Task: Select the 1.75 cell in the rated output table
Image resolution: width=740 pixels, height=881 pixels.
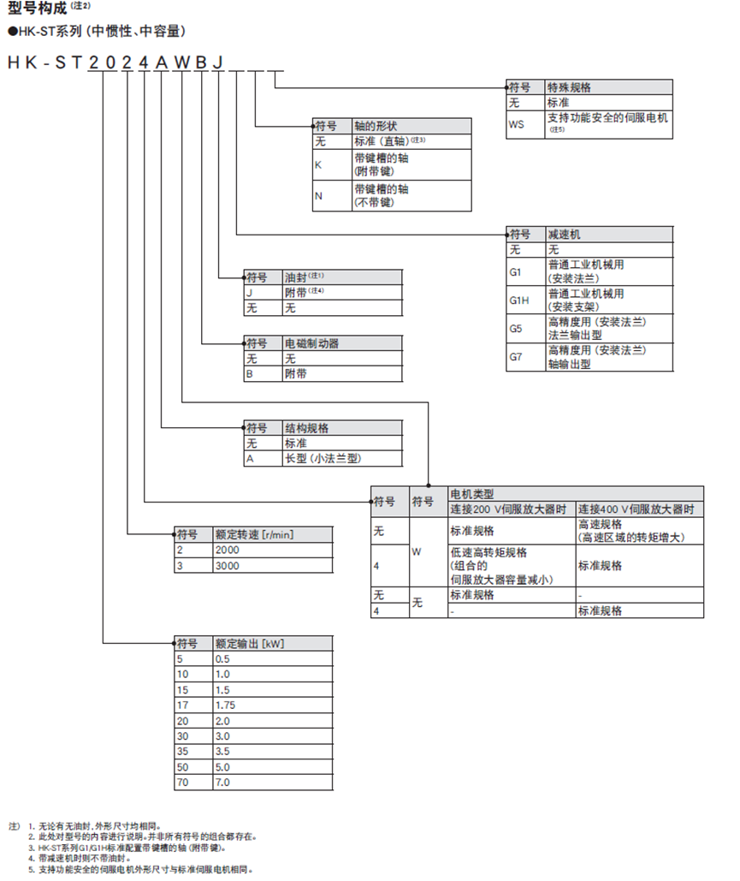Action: coord(228,705)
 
